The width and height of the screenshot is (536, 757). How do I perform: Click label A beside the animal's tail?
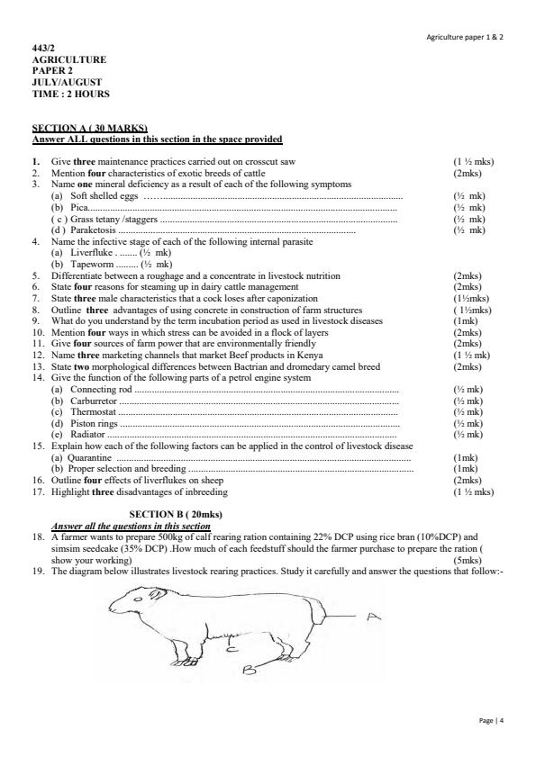[372, 615]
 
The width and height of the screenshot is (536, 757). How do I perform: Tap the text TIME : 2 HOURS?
[71, 94]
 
